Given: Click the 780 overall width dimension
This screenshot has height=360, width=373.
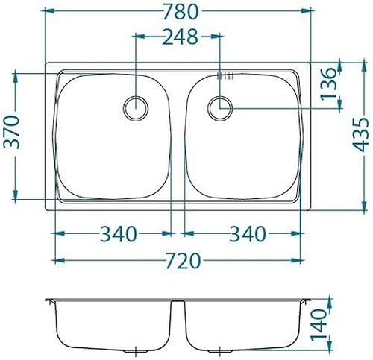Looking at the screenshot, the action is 181,12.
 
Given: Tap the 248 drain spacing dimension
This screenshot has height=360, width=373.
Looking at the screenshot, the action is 180,37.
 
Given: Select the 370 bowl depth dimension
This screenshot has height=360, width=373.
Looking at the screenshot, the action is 12,132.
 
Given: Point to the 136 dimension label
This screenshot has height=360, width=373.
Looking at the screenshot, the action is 328,83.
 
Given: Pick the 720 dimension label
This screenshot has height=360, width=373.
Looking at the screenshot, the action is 183,261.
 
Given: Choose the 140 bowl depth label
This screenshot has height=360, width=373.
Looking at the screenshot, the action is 319,324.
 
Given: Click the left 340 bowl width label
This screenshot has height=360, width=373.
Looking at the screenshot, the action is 119,234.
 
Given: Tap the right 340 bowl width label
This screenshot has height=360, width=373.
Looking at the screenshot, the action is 248,234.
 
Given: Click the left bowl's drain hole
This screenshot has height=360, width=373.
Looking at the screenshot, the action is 136,109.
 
